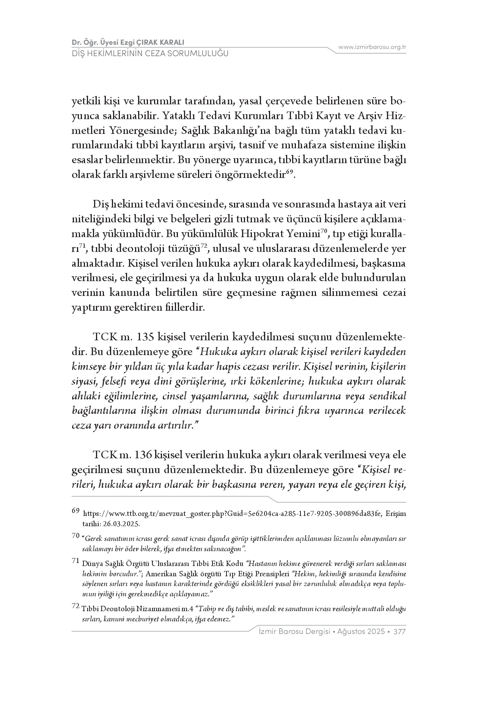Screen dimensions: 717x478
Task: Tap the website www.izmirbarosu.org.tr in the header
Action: (372, 47)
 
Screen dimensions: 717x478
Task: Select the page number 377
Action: (400, 632)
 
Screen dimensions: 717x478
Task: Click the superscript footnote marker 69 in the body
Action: (289, 172)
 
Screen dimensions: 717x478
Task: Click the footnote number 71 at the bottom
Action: (75, 560)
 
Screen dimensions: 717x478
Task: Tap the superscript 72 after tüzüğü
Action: (203, 246)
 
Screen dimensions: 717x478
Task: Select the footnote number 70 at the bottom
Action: (75, 536)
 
